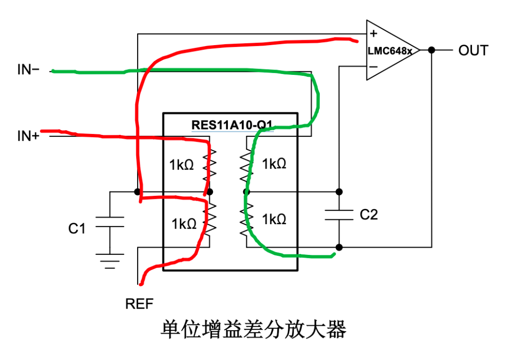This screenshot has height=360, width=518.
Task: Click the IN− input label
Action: pyautogui.click(x=28, y=70)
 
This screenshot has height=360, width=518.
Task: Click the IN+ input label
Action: pyautogui.click(x=28, y=136)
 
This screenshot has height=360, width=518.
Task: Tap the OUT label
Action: pyautogui.click(x=473, y=50)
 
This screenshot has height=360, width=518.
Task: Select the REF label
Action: pyautogui.click(x=140, y=303)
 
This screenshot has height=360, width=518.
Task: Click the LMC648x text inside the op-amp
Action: pyautogui.click(x=390, y=50)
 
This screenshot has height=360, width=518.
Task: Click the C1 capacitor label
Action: pyautogui.click(x=77, y=228)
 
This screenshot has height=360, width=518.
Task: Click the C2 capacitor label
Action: pyautogui.click(x=368, y=215)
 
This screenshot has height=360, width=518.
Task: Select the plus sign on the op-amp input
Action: pyautogui.click(x=374, y=34)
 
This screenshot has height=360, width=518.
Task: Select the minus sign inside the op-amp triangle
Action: pyautogui.click(x=374, y=66)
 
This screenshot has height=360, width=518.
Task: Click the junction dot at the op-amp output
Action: pyautogui.click(x=432, y=50)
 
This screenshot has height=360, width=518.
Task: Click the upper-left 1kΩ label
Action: pyautogui.click(x=181, y=165)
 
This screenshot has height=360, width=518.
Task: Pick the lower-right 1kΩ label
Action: pyautogui.click(x=274, y=219)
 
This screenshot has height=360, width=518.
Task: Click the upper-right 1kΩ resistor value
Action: pyautogui.click(x=274, y=164)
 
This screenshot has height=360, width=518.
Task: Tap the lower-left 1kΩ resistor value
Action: pyautogui.click(x=184, y=223)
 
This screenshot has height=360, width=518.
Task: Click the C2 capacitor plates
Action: pyautogui.click(x=339, y=215)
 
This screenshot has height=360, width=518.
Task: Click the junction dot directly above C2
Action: pyautogui.click(x=339, y=192)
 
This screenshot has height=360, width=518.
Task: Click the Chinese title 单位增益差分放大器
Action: pyautogui.click(x=253, y=330)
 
